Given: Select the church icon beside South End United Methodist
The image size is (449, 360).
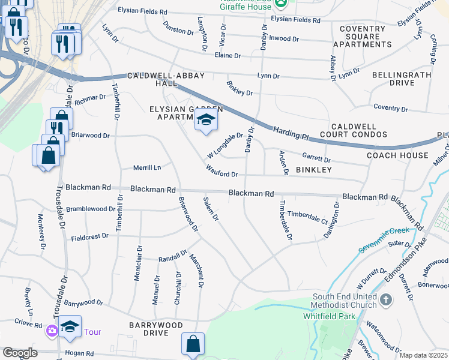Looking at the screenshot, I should [386, 299].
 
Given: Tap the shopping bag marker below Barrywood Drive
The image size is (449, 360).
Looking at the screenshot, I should [193, 344].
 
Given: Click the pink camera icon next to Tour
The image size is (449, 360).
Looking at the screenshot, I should [52, 331].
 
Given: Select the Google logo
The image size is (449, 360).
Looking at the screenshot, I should [20, 353].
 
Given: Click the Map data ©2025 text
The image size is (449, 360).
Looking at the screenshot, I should [423, 355].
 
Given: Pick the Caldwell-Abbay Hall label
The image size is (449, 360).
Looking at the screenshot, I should [166, 80].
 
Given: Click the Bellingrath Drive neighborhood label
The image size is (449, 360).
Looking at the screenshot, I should [402, 79].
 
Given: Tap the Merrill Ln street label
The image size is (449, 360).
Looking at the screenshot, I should [147, 168].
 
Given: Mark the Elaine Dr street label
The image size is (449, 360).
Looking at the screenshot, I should [228, 56].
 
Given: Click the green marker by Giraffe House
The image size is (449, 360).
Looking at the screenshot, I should [280, 5].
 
